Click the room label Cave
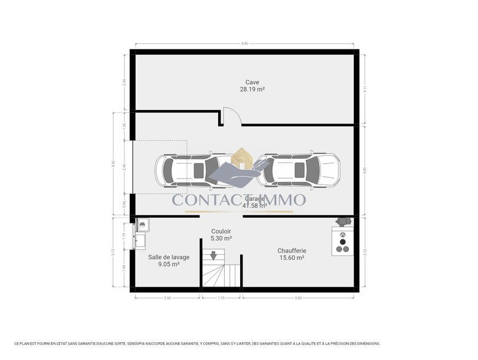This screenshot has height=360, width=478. tap(252, 82)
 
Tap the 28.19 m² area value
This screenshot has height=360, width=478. tap(252, 89)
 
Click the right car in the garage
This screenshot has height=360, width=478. tap(302, 170)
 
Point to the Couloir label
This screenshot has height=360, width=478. tap(221, 231)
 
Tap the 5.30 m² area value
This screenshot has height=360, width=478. tap(221, 238)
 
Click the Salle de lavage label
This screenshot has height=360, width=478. tap(168, 257)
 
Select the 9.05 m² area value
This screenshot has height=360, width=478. tap(168, 264)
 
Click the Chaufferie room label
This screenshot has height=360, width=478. tap(292, 251)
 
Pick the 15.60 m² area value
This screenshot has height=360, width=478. tap(292, 258)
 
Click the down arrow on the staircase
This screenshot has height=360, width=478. tap(213, 256)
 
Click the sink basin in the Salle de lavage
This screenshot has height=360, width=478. tap(143, 225)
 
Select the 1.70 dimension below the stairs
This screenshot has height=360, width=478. tap(222, 297)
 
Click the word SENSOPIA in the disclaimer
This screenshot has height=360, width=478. tap(143, 344)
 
